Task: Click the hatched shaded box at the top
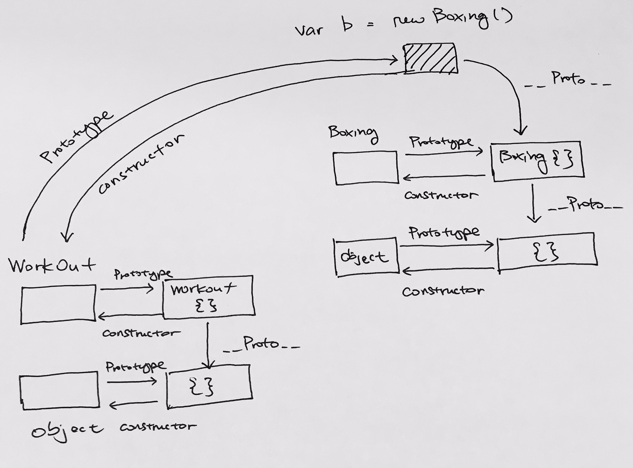[x=431, y=58]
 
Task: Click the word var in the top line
[x=309, y=30]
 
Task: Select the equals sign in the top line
[x=370, y=25]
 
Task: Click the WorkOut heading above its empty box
[x=53, y=265]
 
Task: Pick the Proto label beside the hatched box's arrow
[x=568, y=79]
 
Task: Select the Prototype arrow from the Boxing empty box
[x=444, y=153]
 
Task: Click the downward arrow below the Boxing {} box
[x=533, y=203]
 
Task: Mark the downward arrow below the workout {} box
[x=208, y=346]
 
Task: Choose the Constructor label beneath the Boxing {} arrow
[x=441, y=195]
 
